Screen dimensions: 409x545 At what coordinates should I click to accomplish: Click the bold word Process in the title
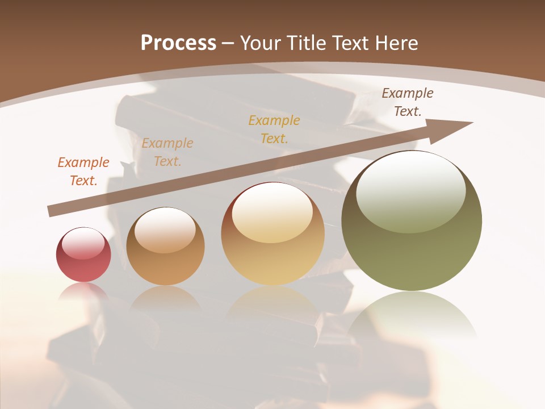(x=178, y=43)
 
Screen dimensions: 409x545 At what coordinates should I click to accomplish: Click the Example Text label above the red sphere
(x=83, y=172)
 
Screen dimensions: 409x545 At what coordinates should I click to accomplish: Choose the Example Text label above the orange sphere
(x=167, y=152)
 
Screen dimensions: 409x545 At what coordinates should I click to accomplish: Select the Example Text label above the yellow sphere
(x=274, y=130)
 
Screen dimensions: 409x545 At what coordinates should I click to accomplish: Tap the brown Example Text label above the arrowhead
(x=408, y=102)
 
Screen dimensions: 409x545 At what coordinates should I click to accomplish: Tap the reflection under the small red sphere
(x=83, y=291)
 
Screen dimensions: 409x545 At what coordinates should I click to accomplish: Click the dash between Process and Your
(x=228, y=43)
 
